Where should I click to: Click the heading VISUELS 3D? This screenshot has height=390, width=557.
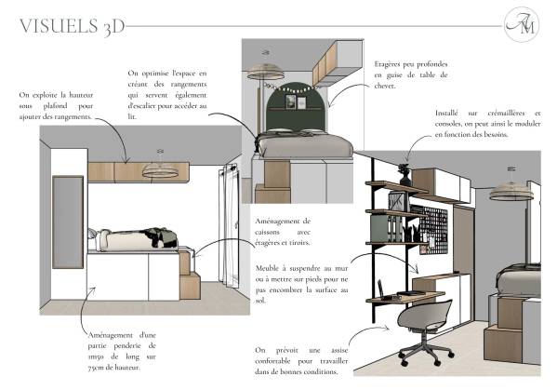coord(73,27)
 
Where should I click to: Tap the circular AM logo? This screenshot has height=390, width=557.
coord(522,24)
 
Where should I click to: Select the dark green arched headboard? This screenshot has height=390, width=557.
coord(297,108)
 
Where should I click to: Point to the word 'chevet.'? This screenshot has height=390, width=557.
coord(385,86)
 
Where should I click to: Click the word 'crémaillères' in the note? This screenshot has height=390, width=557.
coord(506,113)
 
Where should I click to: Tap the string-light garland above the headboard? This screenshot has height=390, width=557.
coord(288,87)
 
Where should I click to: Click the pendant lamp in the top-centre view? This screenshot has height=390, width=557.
coord(266,70)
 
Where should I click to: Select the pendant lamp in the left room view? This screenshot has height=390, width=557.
coord(160,169)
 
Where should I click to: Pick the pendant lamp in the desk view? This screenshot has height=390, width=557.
coord(511,190)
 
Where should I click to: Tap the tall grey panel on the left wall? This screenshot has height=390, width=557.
coord(68,222)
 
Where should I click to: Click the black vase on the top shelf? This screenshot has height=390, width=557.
coord(404,175)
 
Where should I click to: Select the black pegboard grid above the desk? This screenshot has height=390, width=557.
coord(433,230)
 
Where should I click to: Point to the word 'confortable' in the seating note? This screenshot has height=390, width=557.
coord(272,361)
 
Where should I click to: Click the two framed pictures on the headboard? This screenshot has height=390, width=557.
coord(296,101)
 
